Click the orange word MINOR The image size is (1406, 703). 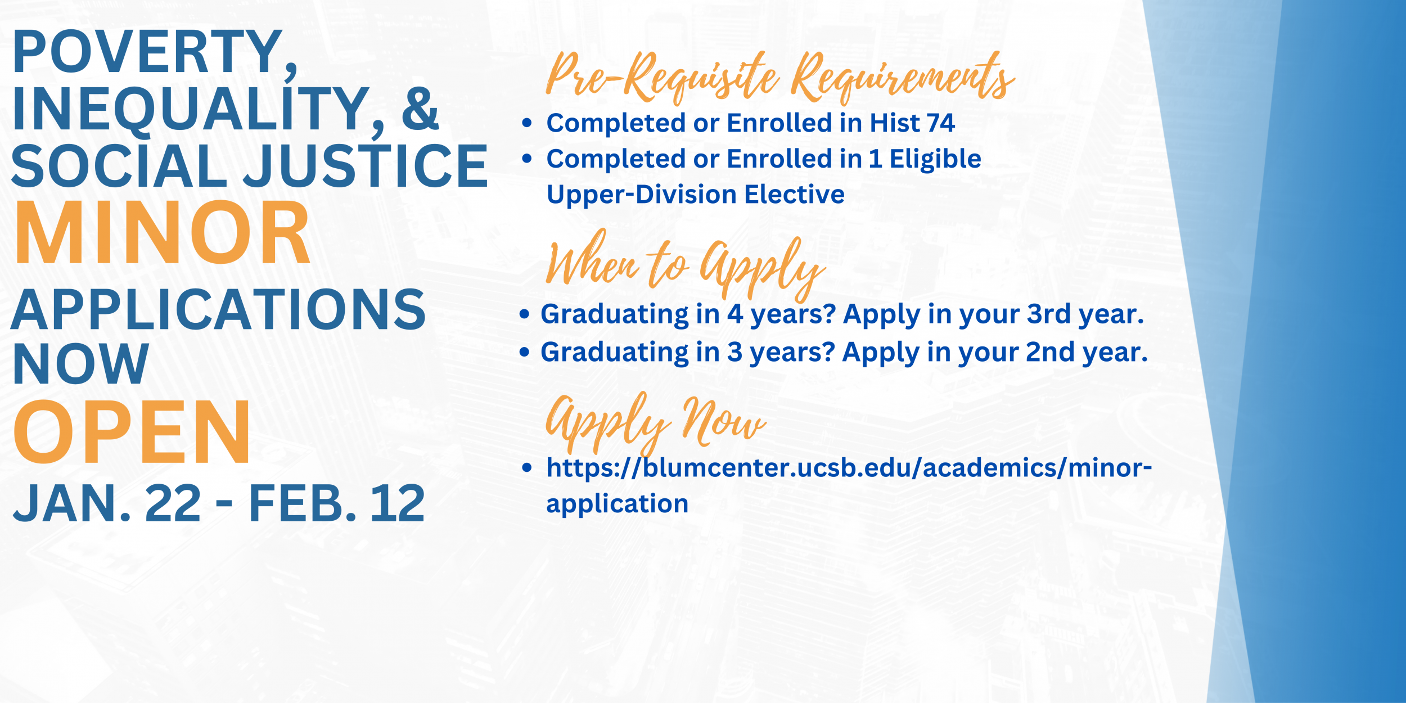(x=163, y=232)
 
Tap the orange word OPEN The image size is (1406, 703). (x=132, y=431)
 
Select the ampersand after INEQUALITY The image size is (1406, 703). (x=420, y=109)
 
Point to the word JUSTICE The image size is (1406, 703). (x=366, y=165)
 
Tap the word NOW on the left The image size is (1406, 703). (x=81, y=364)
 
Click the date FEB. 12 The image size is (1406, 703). (x=337, y=503)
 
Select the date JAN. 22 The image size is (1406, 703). (x=107, y=503)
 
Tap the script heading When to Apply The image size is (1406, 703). (x=685, y=265)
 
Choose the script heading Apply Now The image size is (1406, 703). (x=655, y=423)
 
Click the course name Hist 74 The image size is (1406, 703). (x=912, y=123)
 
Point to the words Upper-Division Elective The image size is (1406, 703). (x=695, y=195)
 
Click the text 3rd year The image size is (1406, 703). (x=1085, y=314)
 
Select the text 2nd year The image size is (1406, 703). (x=1087, y=352)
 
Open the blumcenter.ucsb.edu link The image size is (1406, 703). (x=849, y=485)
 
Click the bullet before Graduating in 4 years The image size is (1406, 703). (x=525, y=314)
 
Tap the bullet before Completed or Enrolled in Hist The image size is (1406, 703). (x=527, y=123)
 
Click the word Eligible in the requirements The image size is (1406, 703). (x=935, y=159)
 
